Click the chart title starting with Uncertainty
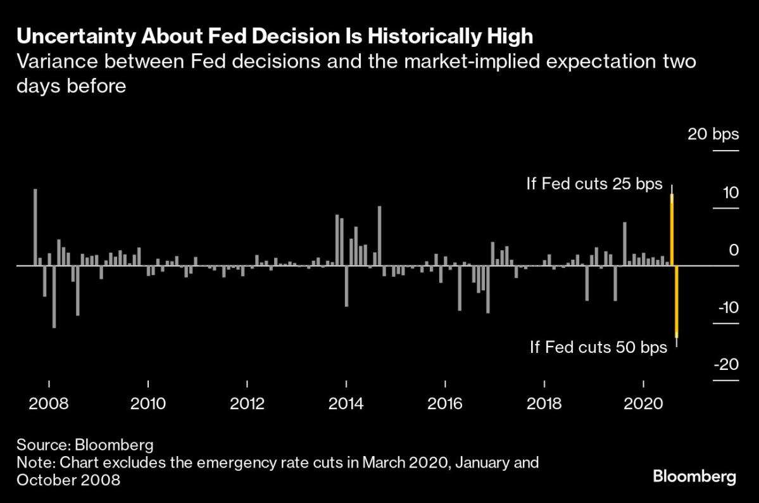tap(274, 37)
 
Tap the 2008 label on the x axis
tap(48, 403)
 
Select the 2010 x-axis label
tap(147, 403)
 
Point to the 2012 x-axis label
tap(247, 403)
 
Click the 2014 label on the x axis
tap(346, 403)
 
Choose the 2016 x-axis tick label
tap(446, 403)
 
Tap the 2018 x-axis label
tap(544, 403)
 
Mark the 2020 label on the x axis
tap(644, 403)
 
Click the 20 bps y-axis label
tap(713, 134)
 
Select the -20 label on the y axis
tap(725, 364)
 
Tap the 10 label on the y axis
tap(731, 192)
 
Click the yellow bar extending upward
tap(672, 230)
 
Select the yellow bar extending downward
tap(677, 301)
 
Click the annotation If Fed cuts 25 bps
tap(594, 184)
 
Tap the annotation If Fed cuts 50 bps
tap(598, 347)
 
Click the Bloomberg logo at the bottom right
tap(694, 476)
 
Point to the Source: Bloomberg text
tap(85, 444)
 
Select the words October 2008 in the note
tap(68, 480)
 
